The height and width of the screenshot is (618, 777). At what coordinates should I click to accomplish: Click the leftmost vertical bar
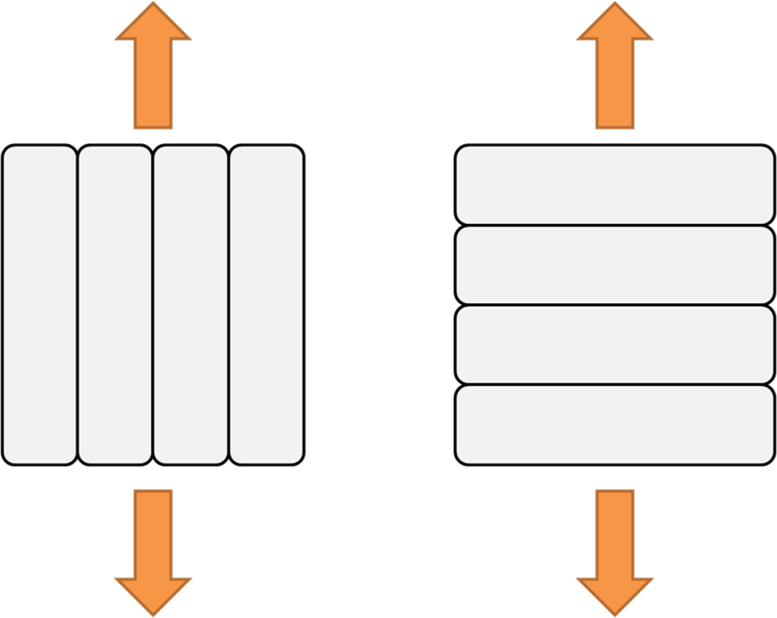pyautogui.click(x=39, y=305)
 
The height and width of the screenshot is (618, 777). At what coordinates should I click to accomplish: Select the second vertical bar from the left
pyautogui.click(x=115, y=305)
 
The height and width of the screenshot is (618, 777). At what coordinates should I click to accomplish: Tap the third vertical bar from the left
pyautogui.click(x=191, y=305)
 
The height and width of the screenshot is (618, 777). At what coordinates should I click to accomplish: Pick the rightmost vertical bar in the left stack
pyautogui.click(x=267, y=305)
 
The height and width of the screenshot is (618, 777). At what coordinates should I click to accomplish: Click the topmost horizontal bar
pyautogui.click(x=615, y=185)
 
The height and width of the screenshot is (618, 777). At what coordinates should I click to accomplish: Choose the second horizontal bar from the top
pyautogui.click(x=615, y=265)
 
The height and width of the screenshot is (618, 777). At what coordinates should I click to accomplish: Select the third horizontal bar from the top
pyautogui.click(x=615, y=345)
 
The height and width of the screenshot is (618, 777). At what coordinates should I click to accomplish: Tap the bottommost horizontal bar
pyautogui.click(x=615, y=425)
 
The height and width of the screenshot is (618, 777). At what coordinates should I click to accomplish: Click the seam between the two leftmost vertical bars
pyautogui.click(x=78, y=305)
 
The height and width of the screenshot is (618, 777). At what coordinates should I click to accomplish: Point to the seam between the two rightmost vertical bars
pyautogui.click(x=228, y=305)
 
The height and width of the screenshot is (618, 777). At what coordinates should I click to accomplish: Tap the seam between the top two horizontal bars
pyautogui.click(x=615, y=225)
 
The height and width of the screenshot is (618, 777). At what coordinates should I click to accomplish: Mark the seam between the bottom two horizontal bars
pyautogui.click(x=615, y=385)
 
